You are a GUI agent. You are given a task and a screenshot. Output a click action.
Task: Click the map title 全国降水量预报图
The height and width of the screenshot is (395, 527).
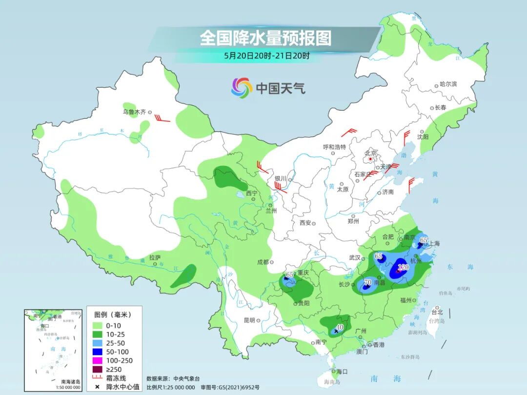point(265,38)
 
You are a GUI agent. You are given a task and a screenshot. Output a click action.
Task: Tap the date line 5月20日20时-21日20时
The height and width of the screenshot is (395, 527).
point(266,56)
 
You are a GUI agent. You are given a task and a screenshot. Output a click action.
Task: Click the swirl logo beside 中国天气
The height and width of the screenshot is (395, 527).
point(242,88)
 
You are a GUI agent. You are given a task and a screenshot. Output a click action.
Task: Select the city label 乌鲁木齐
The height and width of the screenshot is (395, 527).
point(134,112)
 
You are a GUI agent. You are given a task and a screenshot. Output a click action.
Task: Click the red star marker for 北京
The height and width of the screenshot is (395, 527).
point(371,159)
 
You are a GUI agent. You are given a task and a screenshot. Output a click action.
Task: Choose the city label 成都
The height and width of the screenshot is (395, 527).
point(263,262)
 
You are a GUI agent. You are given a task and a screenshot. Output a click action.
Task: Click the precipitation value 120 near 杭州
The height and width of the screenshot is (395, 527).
point(403,267)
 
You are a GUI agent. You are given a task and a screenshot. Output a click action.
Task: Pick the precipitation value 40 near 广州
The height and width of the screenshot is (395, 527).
point(341,327)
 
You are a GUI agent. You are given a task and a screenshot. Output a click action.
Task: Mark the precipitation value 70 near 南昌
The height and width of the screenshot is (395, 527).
point(368,282)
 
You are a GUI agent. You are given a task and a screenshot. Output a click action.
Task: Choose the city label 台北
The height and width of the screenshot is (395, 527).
point(437,312)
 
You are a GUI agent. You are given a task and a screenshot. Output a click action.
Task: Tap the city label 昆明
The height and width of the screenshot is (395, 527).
point(249,320)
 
